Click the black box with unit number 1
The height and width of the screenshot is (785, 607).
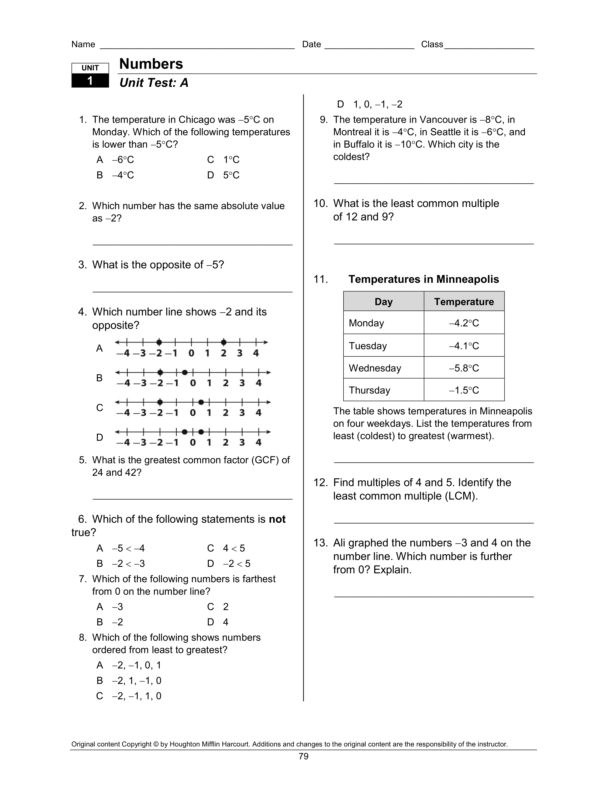tap(90, 80)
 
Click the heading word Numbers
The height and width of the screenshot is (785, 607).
tap(151, 64)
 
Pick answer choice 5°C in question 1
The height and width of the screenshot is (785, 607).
tap(231, 175)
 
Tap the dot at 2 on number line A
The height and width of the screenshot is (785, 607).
tap(224, 342)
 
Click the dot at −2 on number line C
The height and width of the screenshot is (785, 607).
tap(160, 402)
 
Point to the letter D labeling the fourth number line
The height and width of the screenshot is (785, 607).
tap(100, 437)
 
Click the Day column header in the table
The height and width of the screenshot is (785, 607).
tap(383, 302)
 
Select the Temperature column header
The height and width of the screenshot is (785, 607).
tap(464, 302)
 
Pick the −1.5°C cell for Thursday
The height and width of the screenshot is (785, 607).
tap(464, 390)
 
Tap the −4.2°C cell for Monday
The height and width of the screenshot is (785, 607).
tap(464, 323)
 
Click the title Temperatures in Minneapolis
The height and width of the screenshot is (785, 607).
tap(424, 279)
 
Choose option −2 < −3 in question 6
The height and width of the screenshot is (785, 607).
tap(128, 564)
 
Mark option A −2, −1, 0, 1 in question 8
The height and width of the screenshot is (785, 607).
tap(136, 665)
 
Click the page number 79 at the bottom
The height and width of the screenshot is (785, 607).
tap(303, 756)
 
